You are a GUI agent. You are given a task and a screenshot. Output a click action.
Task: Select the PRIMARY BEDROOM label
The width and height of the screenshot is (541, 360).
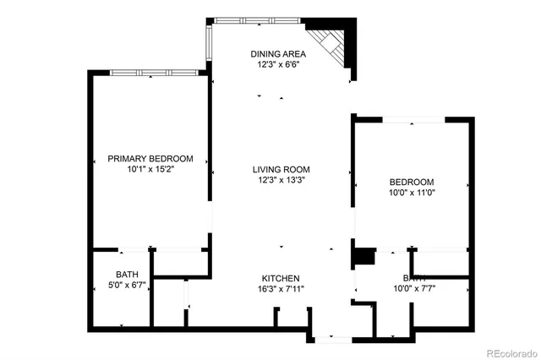coord(150,159)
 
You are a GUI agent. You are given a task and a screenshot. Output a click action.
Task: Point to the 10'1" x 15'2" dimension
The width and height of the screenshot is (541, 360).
coord(150,169)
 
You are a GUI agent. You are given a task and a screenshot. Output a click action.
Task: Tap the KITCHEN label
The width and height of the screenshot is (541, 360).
coord(280,279)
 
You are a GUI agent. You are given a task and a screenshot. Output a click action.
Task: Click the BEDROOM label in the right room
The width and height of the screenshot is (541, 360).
coord(412,182)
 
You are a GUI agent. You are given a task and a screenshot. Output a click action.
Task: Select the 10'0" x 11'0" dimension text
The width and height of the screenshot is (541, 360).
coord(412,192)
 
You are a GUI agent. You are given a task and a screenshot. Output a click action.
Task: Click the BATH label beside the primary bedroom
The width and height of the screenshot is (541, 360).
coord(127,275)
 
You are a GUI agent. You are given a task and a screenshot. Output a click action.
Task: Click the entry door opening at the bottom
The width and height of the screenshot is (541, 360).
coord(332,338)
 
